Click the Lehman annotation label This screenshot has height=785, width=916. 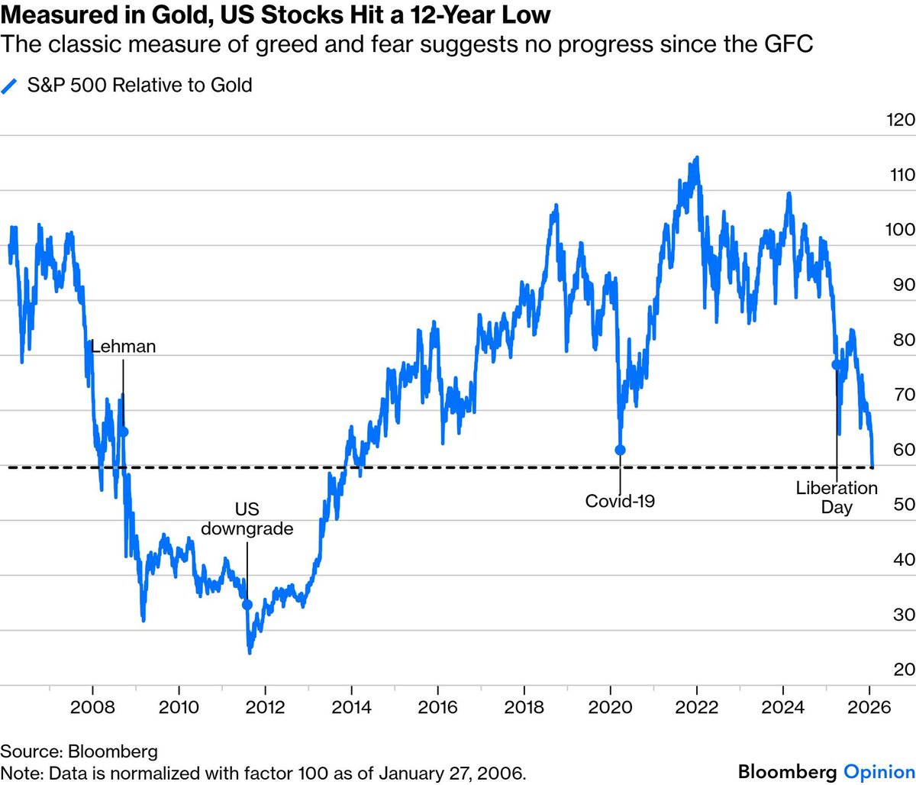point(123,346)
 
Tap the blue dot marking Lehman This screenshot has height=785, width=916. point(123,431)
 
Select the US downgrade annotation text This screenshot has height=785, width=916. point(247,518)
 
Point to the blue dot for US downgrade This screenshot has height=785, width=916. point(247,604)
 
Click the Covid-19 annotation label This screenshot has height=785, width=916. point(620,501)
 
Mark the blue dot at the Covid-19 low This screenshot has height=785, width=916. point(620,450)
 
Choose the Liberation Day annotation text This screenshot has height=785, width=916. point(837,497)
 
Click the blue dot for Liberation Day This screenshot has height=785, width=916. point(837,365)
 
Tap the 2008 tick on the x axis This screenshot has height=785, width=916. point(92,707)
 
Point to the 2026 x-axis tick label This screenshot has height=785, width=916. point(869,707)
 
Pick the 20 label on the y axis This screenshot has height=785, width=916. point(903,670)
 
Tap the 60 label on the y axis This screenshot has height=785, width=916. point(903,450)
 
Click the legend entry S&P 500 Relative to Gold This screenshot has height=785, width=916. point(139,85)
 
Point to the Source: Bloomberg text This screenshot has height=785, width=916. point(79,751)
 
